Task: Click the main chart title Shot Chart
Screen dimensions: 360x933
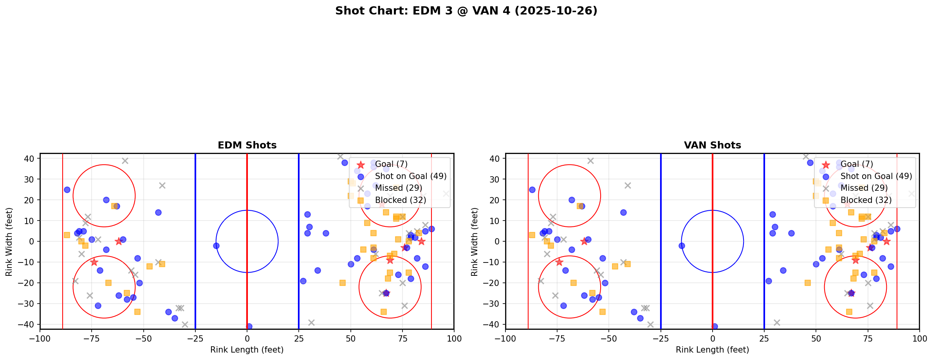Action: coord(466,11)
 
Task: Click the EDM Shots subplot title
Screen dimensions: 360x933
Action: coord(247,145)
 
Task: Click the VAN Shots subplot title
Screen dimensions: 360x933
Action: coord(712,145)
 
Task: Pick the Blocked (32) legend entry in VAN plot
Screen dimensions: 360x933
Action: coord(866,200)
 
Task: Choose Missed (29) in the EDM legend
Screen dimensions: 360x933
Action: coord(398,188)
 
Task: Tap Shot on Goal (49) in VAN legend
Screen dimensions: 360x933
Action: coord(876,176)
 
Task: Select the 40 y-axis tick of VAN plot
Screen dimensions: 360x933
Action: coord(496,159)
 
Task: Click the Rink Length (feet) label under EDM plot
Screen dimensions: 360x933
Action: coord(247,350)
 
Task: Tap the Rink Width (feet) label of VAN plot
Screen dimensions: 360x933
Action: coord(475,242)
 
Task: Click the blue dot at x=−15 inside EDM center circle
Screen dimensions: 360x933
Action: coord(216,246)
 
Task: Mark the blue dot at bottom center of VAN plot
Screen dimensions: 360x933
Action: coord(715,326)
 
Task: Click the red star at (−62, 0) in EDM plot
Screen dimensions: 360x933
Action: coord(119,241)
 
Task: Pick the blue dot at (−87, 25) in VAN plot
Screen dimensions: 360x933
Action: coord(532,190)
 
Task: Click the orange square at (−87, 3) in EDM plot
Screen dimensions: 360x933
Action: coord(67,235)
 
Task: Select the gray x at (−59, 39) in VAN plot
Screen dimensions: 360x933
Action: coord(590,161)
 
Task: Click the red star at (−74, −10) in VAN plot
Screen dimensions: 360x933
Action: coord(559,262)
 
